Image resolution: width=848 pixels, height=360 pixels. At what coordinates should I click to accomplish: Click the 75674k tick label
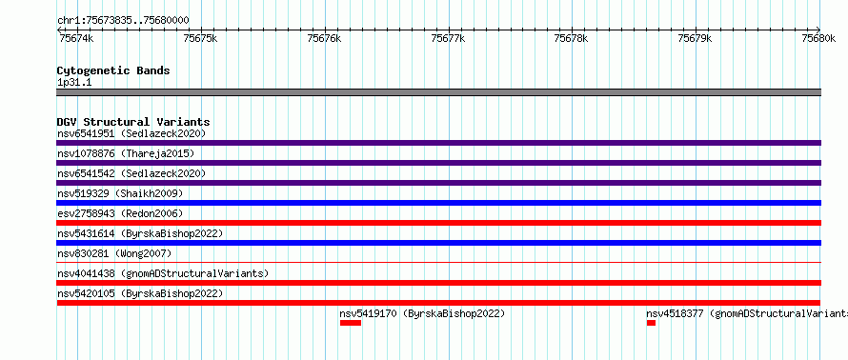(76, 39)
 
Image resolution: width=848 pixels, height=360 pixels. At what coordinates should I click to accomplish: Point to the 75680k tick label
(819, 39)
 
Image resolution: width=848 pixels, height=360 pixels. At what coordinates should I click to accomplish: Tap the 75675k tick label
(201, 39)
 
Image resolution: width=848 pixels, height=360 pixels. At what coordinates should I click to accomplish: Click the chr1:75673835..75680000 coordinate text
(123, 21)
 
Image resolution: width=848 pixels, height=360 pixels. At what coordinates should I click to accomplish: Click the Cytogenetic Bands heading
(113, 70)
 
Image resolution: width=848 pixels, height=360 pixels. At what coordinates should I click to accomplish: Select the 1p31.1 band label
(75, 82)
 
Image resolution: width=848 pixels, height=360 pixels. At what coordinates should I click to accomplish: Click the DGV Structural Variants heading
(133, 122)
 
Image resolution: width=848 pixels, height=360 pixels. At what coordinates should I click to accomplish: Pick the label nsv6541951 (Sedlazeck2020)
(131, 133)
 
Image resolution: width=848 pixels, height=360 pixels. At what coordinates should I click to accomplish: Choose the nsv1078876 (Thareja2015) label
(126, 153)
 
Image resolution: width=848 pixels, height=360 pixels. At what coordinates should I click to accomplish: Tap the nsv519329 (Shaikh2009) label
(120, 193)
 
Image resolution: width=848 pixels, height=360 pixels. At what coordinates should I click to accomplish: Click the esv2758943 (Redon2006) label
(120, 213)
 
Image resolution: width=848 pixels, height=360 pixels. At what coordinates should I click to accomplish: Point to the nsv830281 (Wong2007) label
(114, 253)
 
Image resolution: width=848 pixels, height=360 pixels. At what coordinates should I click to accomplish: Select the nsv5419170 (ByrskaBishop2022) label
(422, 313)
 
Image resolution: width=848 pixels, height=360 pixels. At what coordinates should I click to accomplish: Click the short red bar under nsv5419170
(351, 323)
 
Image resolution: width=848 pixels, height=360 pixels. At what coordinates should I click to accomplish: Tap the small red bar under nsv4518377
(651, 323)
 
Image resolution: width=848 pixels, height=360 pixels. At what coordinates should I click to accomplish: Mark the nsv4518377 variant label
(747, 313)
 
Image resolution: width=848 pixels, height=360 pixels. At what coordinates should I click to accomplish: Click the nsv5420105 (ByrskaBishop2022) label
(140, 293)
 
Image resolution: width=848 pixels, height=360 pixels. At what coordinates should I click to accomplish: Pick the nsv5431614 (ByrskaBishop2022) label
(140, 233)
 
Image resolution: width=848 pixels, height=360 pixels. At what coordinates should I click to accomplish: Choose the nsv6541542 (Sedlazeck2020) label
(131, 173)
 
